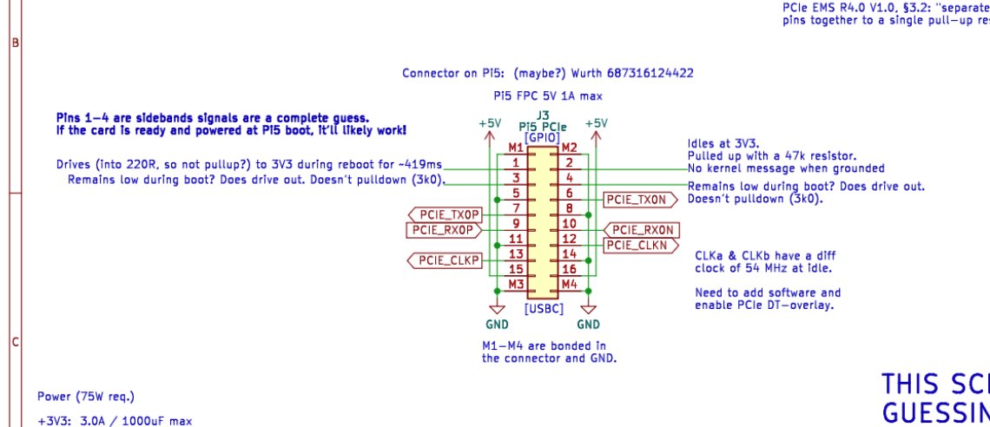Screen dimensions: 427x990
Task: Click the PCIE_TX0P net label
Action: coord(446,214)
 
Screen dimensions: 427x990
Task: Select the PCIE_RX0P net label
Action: coord(442,230)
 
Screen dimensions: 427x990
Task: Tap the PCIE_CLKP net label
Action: coord(446,259)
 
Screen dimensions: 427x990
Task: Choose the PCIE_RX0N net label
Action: coord(642,230)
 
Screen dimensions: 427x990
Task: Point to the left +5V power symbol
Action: coord(490,124)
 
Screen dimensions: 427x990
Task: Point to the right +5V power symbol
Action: coord(596,124)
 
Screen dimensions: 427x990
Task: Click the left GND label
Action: coord(498,325)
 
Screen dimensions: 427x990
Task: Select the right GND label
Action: coord(589,325)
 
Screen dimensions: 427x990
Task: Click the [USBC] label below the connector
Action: coord(544,308)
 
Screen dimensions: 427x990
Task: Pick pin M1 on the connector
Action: coord(516,148)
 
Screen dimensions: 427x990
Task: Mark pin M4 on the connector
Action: coord(570,284)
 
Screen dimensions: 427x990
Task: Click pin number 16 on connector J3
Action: coord(570,269)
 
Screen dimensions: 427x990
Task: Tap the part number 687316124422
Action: coord(651,74)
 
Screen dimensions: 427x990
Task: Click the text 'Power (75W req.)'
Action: coord(86,397)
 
